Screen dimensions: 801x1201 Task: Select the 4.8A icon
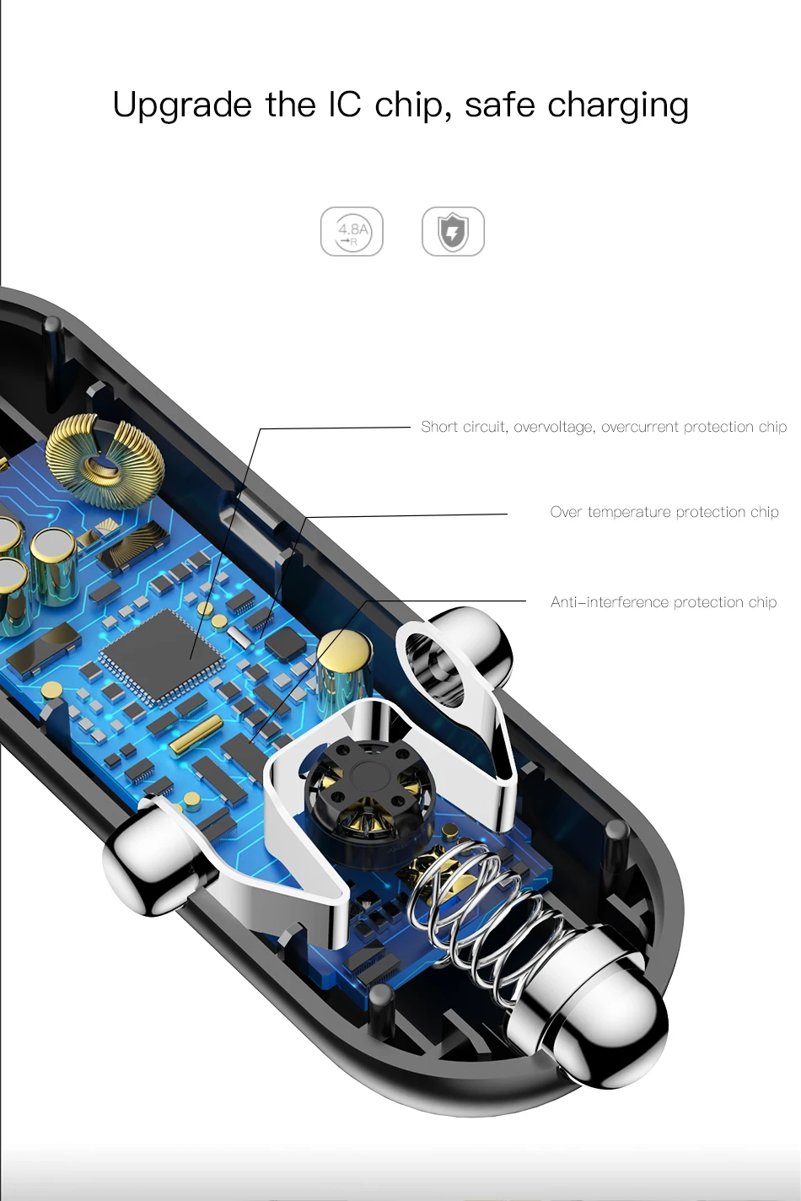coord(352,231)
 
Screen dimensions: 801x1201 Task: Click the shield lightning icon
coord(453,231)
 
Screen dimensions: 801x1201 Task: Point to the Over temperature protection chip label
coord(664,512)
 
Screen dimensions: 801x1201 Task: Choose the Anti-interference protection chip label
coord(663,602)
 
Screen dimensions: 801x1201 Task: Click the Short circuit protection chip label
coord(604,427)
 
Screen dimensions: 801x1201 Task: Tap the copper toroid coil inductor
coord(105,460)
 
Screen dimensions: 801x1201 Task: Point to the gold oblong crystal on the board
coord(196,735)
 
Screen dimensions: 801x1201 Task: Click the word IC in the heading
coord(344,105)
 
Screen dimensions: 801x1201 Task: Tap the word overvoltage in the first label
coord(553,427)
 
